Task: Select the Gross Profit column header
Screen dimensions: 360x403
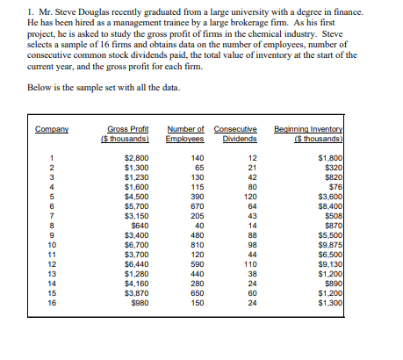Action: point(129,134)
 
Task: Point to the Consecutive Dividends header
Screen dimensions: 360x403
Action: point(235,134)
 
